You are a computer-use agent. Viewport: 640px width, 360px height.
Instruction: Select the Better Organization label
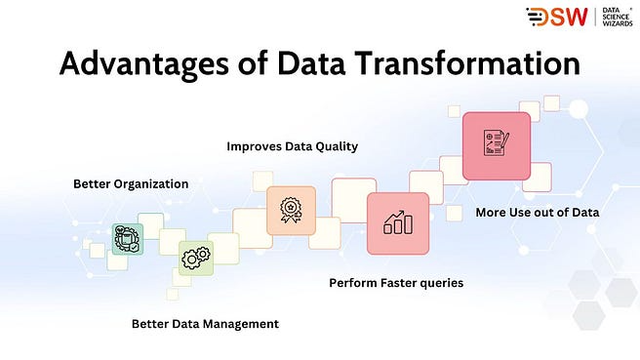point(131,183)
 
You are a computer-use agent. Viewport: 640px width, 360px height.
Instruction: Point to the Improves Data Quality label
point(293,146)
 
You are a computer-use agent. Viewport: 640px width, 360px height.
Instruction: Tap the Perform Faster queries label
point(396,283)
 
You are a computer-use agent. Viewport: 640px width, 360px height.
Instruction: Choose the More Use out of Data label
point(537,212)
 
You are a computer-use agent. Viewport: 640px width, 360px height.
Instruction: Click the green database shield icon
point(126,239)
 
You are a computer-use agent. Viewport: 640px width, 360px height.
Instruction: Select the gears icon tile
point(195,258)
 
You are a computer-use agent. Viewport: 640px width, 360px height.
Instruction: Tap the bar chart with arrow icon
point(397,223)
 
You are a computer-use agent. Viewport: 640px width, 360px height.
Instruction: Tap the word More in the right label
point(490,212)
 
